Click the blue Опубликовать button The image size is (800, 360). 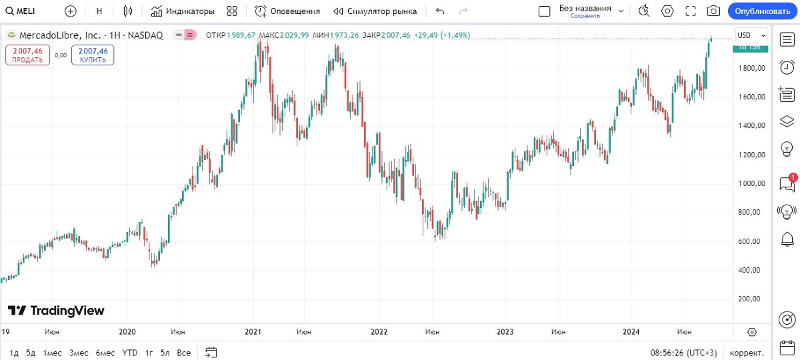(x=761, y=11)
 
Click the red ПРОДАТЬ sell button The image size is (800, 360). (x=27, y=55)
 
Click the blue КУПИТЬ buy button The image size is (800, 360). (x=93, y=55)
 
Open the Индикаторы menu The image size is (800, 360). (x=183, y=11)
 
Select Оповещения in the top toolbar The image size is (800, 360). (x=287, y=11)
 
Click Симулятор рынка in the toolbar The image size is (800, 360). (x=375, y=11)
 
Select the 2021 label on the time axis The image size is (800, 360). (x=253, y=331)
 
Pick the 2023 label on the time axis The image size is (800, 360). (x=505, y=331)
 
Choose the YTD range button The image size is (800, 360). (x=130, y=353)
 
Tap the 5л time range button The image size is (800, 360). (x=165, y=353)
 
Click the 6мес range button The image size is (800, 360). (x=105, y=353)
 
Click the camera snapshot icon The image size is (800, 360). (x=713, y=11)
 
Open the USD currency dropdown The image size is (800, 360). (x=751, y=35)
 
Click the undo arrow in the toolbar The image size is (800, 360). (x=439, y=11)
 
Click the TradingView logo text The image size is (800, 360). (x=57, y=311)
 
